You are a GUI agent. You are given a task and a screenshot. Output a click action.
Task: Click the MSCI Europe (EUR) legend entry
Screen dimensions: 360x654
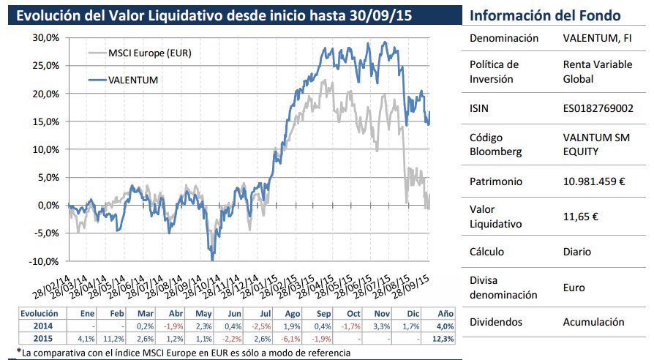(x=150, y=53)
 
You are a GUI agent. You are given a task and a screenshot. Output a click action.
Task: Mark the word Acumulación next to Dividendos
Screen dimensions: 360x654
(x=594, y=321)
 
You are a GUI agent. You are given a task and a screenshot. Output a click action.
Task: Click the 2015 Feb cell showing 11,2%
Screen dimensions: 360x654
(x=114, y=340)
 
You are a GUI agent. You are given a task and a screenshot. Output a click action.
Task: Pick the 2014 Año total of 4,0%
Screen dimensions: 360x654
(x=444, y=326)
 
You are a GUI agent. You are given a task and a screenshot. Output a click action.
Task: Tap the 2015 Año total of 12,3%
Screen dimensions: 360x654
(x=443, y=340)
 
